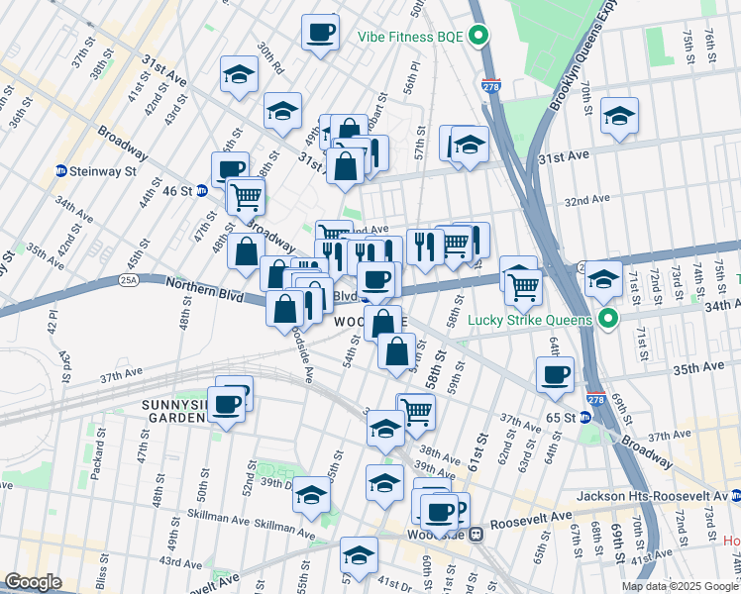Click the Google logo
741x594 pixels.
pyautogui.click(x=33, y=582)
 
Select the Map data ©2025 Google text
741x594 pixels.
pyautogui.click(x=681, y=586)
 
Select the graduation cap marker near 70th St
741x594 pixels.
pyautogui.click(x=619, y=117)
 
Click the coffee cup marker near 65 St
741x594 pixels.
pyautogui.click(x=555, y=375)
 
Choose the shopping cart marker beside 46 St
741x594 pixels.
pyautogui.click(x=246, y=196)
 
